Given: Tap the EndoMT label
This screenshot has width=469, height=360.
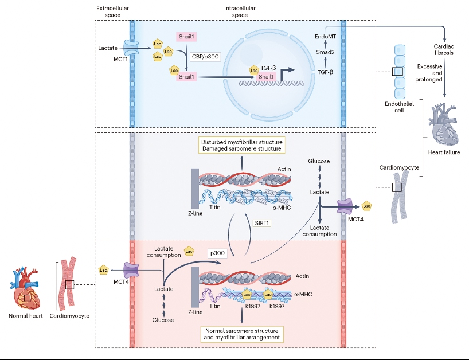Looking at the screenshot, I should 325,37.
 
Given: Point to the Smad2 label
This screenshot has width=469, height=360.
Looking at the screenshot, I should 325,51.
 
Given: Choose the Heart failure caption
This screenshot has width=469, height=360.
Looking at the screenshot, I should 444,153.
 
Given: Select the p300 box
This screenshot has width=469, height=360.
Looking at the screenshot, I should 216,252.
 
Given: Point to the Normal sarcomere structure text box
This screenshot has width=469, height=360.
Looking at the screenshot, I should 241,334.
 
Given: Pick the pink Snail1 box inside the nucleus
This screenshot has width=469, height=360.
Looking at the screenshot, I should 266,77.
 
